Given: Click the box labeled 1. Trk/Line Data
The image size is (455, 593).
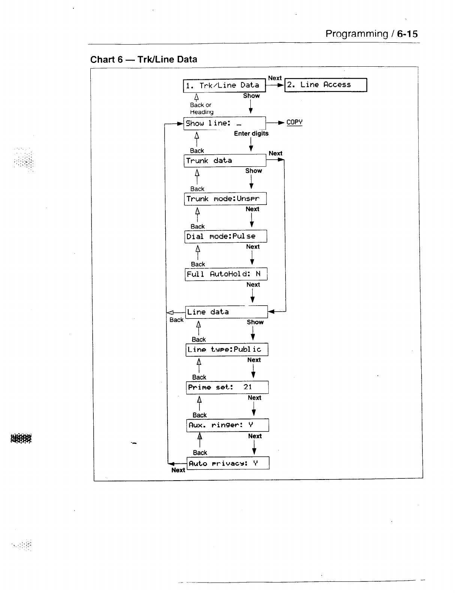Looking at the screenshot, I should [x=224, y=86].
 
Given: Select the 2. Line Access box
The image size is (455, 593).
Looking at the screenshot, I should [x=325, y=85].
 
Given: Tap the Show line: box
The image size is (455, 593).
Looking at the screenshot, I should [x=225, y=123].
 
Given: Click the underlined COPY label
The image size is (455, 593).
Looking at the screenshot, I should [x=294, y=122].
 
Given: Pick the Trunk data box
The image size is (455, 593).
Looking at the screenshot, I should [x=225, y=161].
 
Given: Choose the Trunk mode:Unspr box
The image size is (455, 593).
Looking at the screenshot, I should [x=225, y=199].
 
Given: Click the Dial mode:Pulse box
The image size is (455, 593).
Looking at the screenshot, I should [x=226, y=236].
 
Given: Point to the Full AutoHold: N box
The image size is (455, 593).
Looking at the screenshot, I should [x=226, y=274].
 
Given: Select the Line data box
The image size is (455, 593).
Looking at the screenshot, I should [x=226, y=312].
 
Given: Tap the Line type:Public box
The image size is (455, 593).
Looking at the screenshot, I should [x=227, y=350].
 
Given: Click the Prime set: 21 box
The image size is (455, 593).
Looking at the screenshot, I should [x=227, y=387].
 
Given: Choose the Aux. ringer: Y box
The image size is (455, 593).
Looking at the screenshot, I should [x=227, y=425].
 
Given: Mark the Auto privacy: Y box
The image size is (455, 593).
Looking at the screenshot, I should [x=228, y=463].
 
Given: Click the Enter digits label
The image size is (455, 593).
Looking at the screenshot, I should [x=251, y=133].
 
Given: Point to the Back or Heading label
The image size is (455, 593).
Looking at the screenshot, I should [x=201, y=108].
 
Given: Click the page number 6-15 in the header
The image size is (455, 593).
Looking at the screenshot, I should [x=407, y=34].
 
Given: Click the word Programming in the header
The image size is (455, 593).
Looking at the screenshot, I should [x=356, y=34].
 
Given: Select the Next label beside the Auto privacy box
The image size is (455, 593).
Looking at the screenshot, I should [x=178, y=470].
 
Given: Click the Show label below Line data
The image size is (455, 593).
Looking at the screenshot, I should [x=255, y=322].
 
